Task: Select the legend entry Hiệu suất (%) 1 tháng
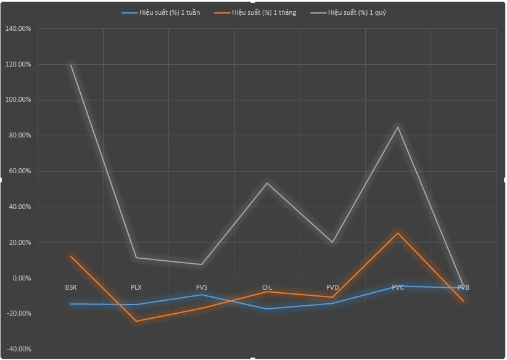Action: (264, 12)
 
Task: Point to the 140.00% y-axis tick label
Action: (18, 29)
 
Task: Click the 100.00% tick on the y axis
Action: (18, 100)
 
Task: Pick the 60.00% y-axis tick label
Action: (19, 171)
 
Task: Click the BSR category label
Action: (71, 287)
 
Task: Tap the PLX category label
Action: (136, 287)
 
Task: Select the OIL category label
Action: (267, 287)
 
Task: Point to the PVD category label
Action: (332, 287)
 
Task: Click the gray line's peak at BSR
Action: (71, 65)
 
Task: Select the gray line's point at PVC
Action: (398, 127)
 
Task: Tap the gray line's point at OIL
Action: (267, 183)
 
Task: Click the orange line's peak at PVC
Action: (398, 233)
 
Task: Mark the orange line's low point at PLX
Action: (136, 321)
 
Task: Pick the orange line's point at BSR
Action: (71, 256)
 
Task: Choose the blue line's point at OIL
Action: (267, 309)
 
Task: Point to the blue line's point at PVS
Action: (202, 295)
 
